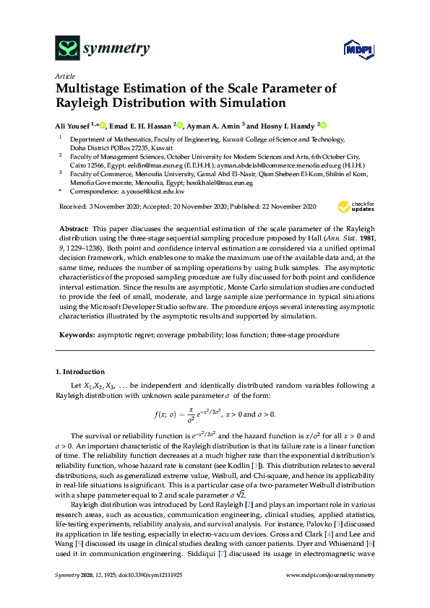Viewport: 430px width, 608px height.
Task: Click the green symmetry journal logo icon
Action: [67, 48]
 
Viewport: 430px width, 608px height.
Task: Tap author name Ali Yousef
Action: [72, 124]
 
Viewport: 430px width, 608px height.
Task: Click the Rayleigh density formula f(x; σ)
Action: [215, 414]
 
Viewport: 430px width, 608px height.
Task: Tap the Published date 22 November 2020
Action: [280, 207]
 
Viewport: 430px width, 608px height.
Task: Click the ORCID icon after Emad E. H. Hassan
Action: [180, 124]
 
